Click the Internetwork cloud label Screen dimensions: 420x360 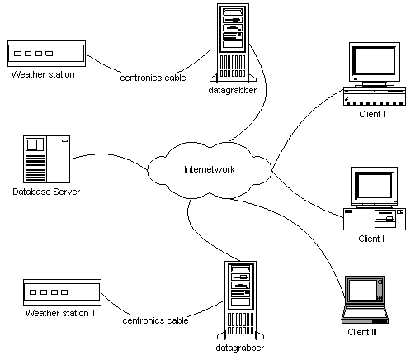209,169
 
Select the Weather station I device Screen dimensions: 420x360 46,54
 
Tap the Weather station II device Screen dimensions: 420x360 62,292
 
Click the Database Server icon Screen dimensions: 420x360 46,159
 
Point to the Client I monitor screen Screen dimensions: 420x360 374,61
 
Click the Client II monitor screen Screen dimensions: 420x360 375,185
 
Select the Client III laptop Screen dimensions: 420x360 365,300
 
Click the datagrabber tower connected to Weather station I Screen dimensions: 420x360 233,43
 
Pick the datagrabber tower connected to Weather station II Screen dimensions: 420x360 240,301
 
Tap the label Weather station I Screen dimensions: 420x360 45,74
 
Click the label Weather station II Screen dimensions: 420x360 60,313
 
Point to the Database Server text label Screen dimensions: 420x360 46,192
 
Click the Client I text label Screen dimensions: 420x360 372,114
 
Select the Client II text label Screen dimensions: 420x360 372,239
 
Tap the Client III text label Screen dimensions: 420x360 362,332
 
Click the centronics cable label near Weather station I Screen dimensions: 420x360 153,78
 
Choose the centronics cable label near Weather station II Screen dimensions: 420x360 155,320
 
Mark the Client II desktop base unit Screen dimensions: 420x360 375,219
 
